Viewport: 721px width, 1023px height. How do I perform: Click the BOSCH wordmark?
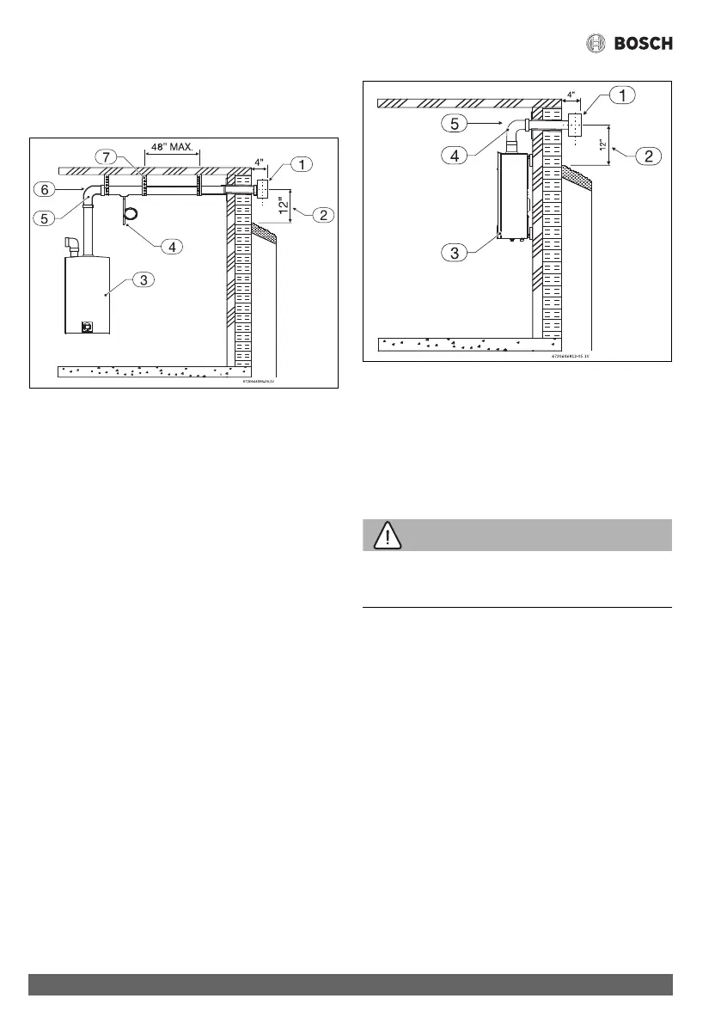pos(644,43)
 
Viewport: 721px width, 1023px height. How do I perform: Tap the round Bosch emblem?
pos(596,43)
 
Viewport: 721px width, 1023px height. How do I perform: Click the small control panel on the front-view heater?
pos(88,326)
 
